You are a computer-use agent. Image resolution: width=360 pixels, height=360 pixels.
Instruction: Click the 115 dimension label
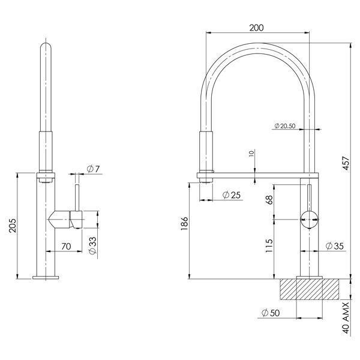(269, 246)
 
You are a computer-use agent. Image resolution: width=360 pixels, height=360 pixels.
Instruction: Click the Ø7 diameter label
(93, 170)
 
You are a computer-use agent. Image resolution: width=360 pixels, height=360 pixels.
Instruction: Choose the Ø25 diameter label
(231, 195)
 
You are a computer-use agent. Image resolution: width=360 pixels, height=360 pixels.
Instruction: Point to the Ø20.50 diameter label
(284, 126)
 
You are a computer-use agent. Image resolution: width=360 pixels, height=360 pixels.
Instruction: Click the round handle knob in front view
(309, 220)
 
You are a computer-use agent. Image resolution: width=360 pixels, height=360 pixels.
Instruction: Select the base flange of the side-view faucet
(46, 277)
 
